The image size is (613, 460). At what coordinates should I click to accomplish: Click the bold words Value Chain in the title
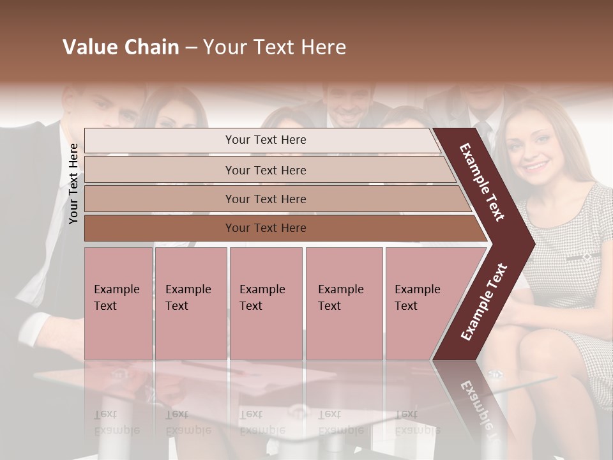pos(121,47)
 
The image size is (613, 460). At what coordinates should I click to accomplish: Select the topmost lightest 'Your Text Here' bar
pos(266,140)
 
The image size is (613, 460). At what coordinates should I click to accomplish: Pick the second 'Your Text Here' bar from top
pos(266,170)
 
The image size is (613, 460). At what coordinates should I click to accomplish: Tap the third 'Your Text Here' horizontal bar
pos(266,199)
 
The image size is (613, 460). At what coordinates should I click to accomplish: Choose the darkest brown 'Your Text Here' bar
pos(266,228)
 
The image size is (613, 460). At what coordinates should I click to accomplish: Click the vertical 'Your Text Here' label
pos(74,183)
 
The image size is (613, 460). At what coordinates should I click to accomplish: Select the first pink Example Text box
pos(118,303)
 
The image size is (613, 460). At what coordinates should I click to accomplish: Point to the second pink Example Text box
pos(190,303)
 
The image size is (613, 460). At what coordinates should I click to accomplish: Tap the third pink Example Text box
pos(266,303)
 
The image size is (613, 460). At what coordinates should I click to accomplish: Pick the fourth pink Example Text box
pos(344,303)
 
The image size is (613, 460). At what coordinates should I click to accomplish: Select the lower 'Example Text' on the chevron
pos(484,302)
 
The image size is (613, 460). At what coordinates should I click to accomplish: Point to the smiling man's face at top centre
pos(348,106)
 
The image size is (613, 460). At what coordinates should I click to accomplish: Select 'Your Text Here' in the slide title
pos(275,47)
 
